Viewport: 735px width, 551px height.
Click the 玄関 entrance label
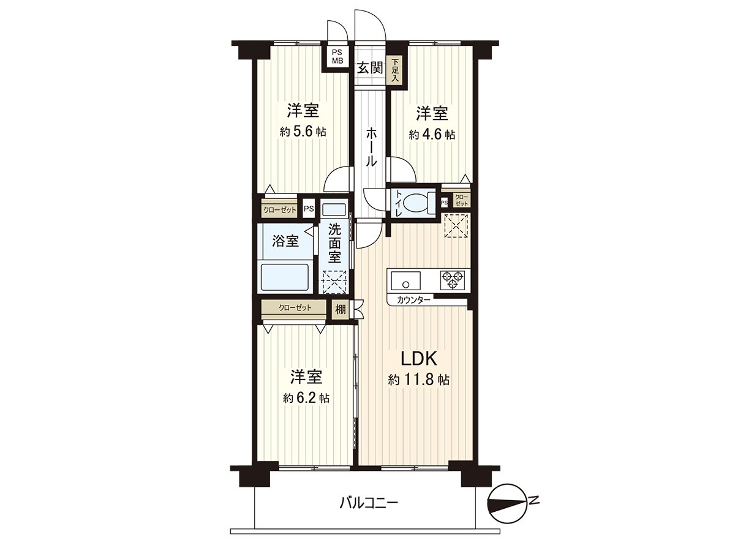pos(370,68)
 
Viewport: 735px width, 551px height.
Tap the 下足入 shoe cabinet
pos(396,70)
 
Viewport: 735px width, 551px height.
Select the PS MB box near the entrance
pos(337,56)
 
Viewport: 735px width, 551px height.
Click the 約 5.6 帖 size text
pos(303,132)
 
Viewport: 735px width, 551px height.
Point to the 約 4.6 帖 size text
pos(432,134)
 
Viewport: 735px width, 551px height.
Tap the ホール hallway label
pos(371,147)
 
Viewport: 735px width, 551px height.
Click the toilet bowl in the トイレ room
pos(419,201)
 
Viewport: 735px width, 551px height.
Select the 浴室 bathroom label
pos(285,241)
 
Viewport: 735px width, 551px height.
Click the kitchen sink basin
pos(405,282)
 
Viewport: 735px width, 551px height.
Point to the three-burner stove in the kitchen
pos(452,280)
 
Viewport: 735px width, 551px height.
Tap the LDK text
pos(418,358)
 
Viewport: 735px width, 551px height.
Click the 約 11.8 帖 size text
pos(419,380)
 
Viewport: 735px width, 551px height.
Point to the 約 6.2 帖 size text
pos(306,398)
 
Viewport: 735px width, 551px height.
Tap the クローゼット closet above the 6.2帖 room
pos(295,307)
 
